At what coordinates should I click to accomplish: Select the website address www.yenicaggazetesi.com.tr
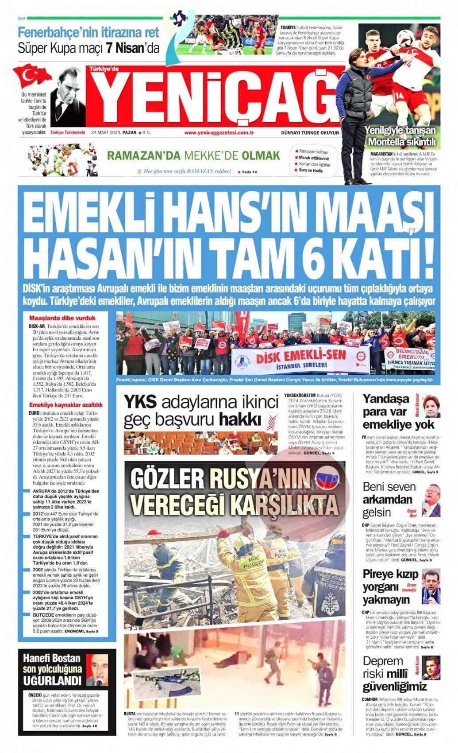(219, 132)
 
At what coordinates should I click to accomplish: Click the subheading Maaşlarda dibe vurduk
(62, 318)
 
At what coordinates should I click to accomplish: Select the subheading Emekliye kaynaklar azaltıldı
(65, 404)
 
